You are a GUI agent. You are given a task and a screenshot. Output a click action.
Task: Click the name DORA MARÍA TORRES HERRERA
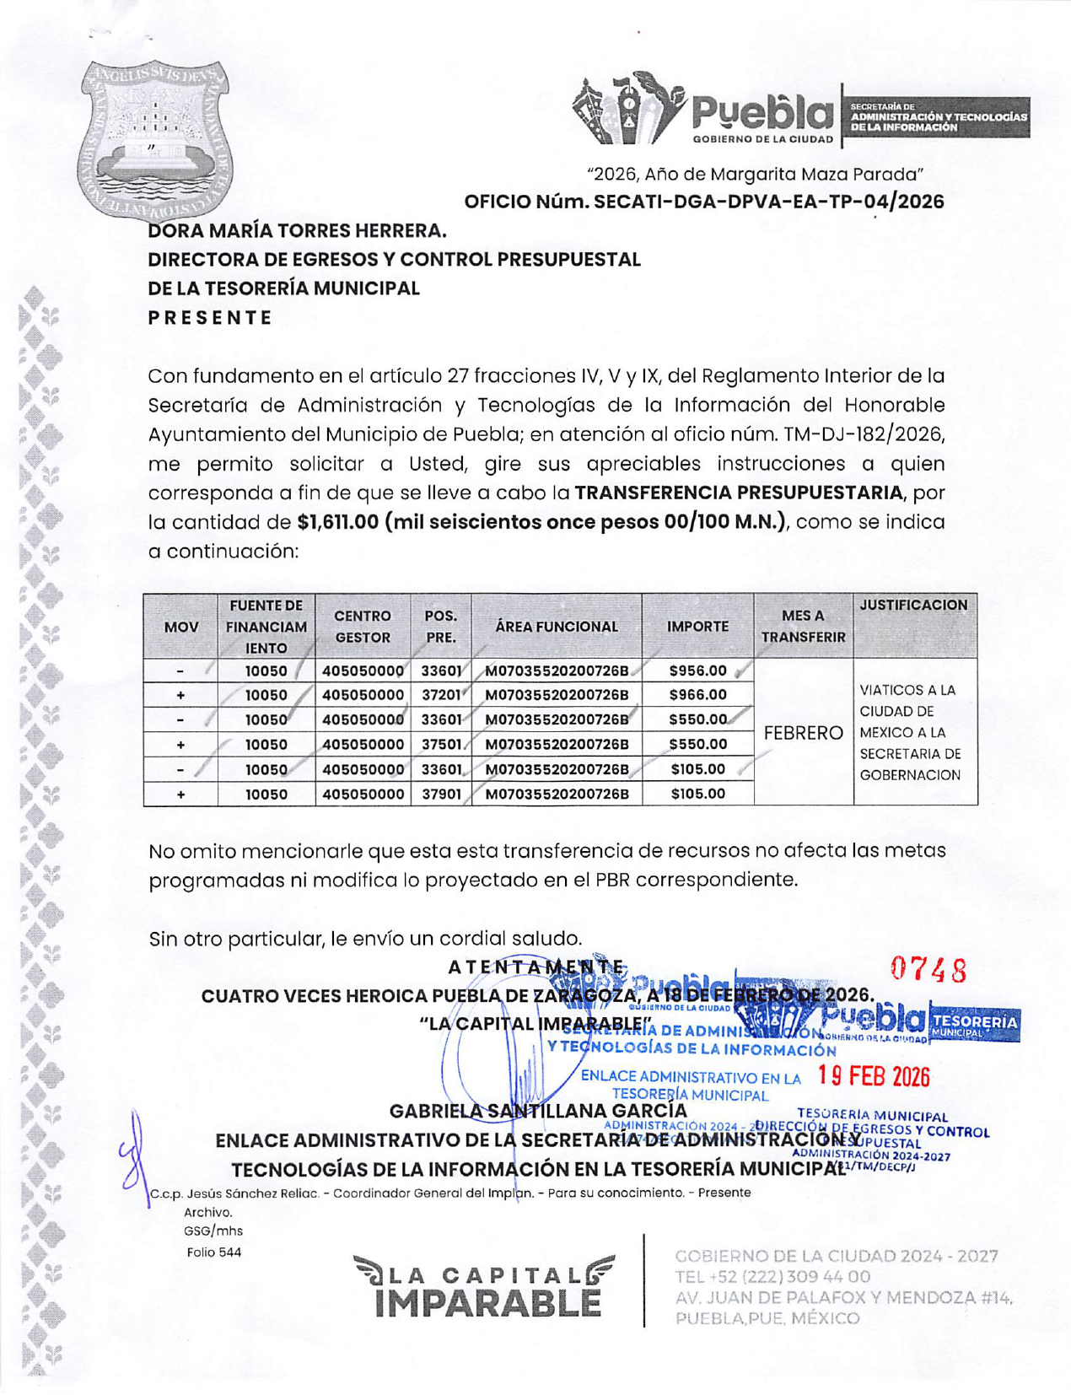(297, 230)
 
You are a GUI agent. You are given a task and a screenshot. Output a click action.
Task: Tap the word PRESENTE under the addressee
(211, 318)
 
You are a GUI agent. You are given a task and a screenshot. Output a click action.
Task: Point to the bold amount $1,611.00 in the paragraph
(338, 522)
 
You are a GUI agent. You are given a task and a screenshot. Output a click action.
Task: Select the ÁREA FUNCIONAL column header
(557, 627)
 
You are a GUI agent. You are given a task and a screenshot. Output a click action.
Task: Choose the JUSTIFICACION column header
(914, 605)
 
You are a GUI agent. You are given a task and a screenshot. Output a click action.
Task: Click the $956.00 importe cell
(697, 671)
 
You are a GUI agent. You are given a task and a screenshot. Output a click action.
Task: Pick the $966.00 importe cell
(697, 695)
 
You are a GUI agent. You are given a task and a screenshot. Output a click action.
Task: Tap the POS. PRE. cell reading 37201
(441, 695)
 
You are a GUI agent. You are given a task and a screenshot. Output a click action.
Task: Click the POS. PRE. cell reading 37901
(441, 794)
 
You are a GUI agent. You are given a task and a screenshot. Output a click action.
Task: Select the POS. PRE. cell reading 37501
(441, 745)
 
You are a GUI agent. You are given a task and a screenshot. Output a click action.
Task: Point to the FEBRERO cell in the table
(803, 733)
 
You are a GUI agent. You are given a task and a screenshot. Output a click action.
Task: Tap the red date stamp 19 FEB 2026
(874, 1076)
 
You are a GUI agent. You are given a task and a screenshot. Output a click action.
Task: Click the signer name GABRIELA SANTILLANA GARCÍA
(538, 1112)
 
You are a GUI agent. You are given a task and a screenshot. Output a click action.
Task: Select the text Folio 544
(214, 1252)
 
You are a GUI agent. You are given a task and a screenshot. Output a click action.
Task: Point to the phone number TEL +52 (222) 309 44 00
(772, 1277)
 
